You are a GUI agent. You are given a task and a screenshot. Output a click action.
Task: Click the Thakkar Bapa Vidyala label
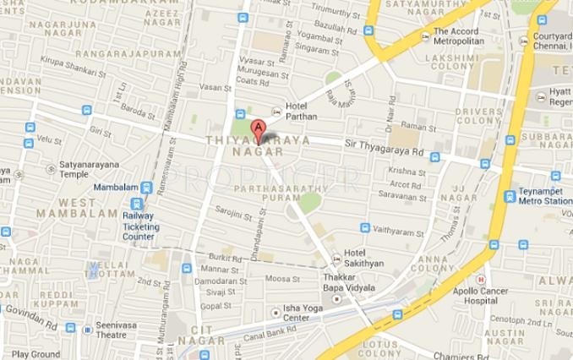coord(349,282)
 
